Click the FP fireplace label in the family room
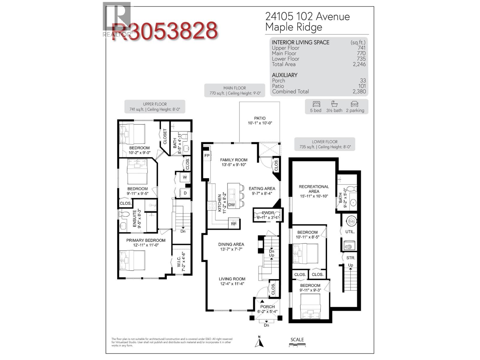coord(207,156)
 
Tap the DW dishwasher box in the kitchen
coord(232,205)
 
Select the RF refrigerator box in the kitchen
coord(234,223)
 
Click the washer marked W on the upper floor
coord(185,177)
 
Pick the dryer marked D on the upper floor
coord(185,193)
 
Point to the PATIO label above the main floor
coord(260,118)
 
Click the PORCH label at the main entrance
coord(267,307)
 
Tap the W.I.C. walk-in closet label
coord(179,260)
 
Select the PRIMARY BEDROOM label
coord(146,240)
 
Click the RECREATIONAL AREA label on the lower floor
coord(314,189)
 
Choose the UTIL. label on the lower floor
coord(350,232)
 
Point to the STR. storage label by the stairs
coord(351,258)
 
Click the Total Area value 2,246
coord(359,64)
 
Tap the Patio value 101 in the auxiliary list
coord(362,86)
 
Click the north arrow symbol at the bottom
coord(259,342)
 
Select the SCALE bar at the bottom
coord(297,346)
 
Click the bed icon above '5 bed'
coord(316,104)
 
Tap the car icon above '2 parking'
coord(354,104)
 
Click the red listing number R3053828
coord(164,31)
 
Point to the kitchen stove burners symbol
coord(211,205)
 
